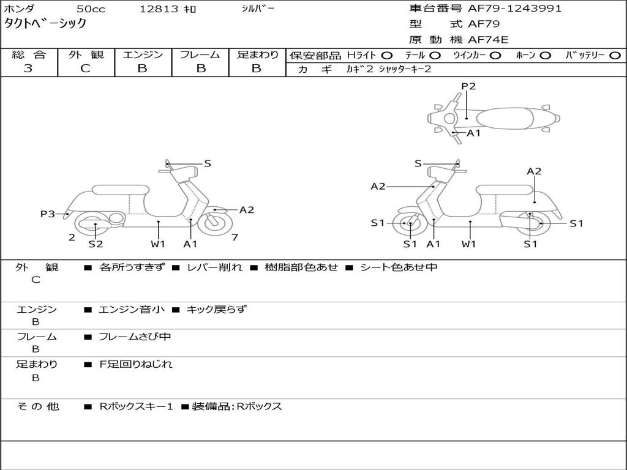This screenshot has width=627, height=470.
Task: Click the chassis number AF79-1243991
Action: pyautogui.click(x=514, y=9)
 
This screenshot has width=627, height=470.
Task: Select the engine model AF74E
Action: pyautogui.click(x=488, y=40)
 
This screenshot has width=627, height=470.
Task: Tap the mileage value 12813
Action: pyautogui.click(x=159, y=9)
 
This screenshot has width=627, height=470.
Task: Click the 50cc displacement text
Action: pyautogui.click(x=90, y=9)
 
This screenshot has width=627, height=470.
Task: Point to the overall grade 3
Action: pyautogui.click(x=28, y=69)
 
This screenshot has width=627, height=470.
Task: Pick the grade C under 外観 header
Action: pyautogui.click(x=85, y=69)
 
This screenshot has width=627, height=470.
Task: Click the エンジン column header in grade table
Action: pyautogui.click(x=143, y=55)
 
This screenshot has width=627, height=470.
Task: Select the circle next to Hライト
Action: pyautogui.click(x=387, y=56)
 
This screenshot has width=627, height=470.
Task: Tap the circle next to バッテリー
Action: pyautogui.click(x=615, y=56)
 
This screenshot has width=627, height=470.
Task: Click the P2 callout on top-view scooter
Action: pyautogui.click(x=468, y=86)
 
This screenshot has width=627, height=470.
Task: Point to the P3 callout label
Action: pyautogui.click(x=48, y=214)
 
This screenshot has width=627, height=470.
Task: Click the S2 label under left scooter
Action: pyautogui.click(x=96, y=244)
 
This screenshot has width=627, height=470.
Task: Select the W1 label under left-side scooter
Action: pyautogui.click(x=159, y=244)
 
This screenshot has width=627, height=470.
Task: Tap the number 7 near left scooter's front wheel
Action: pyautogui.click(x=235, y=237)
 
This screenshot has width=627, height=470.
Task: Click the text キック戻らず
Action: pyautogui.click(x=216, y=310)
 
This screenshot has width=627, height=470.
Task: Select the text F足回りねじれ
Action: pyautogui.click(x=136, y=364)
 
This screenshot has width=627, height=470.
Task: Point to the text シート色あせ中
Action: pyautogui.click(x=399, y=267)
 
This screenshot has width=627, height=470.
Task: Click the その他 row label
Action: pyautogui.click(x=38, y=406)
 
